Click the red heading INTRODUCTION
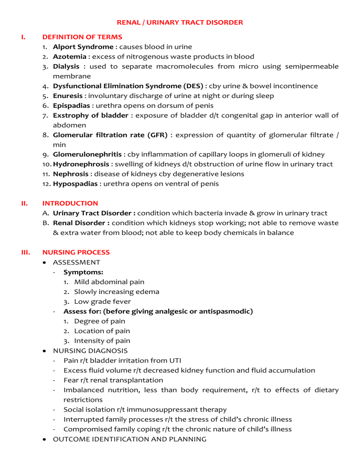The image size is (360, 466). [70, 203]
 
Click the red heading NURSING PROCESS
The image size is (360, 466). [76, 252]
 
